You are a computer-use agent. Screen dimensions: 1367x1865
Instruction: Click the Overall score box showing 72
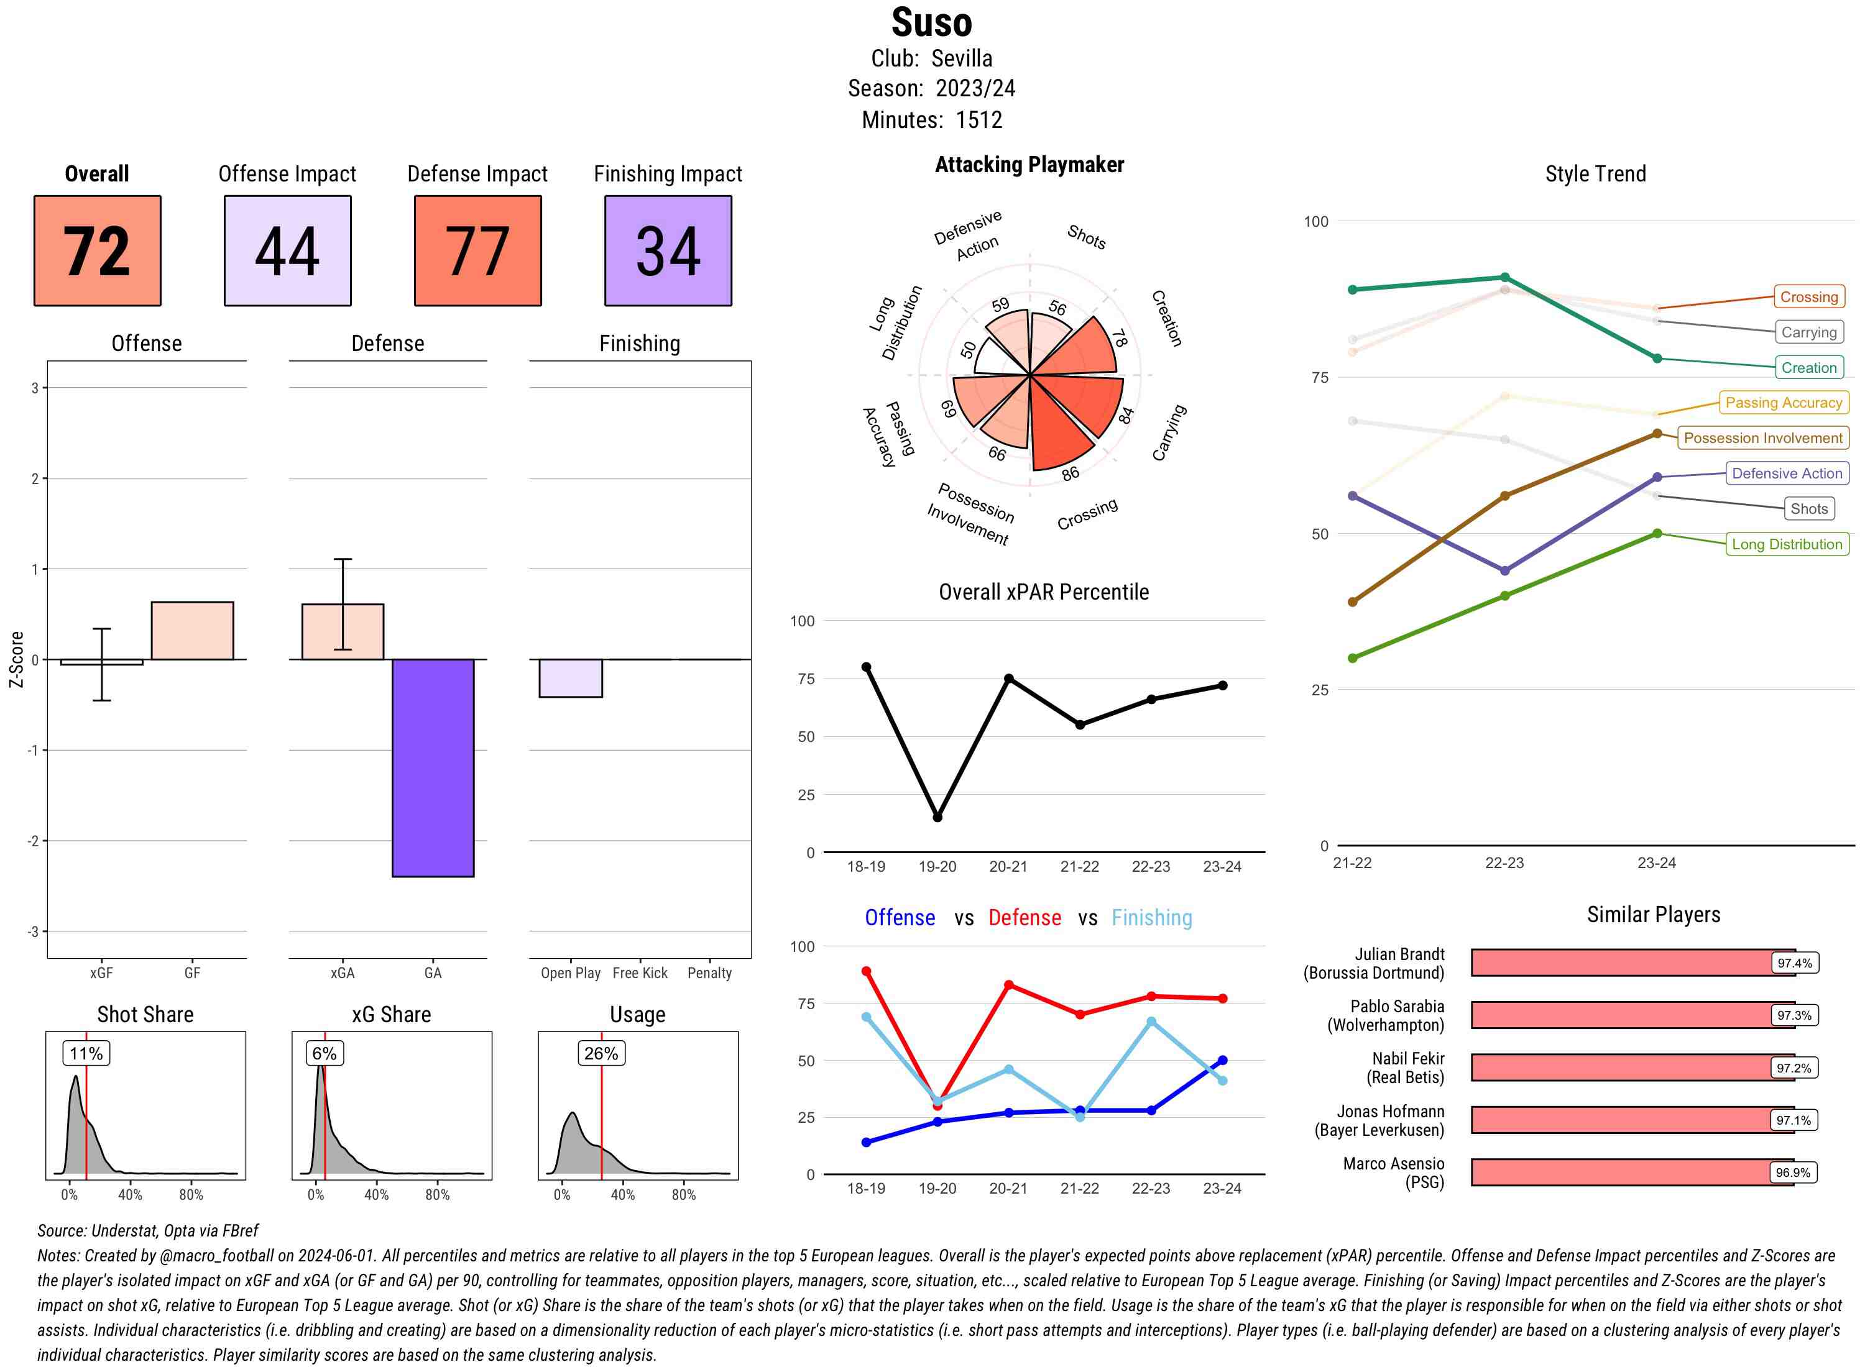click(97, 251)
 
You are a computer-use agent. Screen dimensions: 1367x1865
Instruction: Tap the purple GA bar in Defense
click(433, 767)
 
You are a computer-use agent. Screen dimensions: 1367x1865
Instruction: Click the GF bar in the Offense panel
click(192, 631)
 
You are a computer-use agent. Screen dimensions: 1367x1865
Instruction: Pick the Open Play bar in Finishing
click(570, 678)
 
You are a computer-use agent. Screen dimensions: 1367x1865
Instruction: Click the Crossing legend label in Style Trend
click(1808, 297)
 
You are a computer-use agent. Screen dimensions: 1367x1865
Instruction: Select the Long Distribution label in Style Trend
click(1787, 544)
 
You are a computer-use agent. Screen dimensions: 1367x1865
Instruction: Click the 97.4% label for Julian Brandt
click(1794, 963)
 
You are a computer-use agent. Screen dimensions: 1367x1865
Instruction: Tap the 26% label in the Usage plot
click(601, 1053)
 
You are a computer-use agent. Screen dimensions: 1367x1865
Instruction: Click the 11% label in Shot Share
click(86, 1053)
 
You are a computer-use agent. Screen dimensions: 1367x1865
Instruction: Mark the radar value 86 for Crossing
click(1071, 473)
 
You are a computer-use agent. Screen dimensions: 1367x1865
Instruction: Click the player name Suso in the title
click(931, 22)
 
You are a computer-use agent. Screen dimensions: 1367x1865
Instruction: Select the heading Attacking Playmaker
click(1029, 165)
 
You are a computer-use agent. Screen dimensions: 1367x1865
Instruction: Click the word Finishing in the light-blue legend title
click(1151, 918)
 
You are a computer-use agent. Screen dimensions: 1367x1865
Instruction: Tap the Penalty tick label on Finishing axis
click(709, 973)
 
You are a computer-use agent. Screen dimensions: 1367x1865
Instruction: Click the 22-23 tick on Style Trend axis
click(1504, 863)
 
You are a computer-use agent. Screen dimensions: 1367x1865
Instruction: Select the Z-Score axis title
click(16, 659)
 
